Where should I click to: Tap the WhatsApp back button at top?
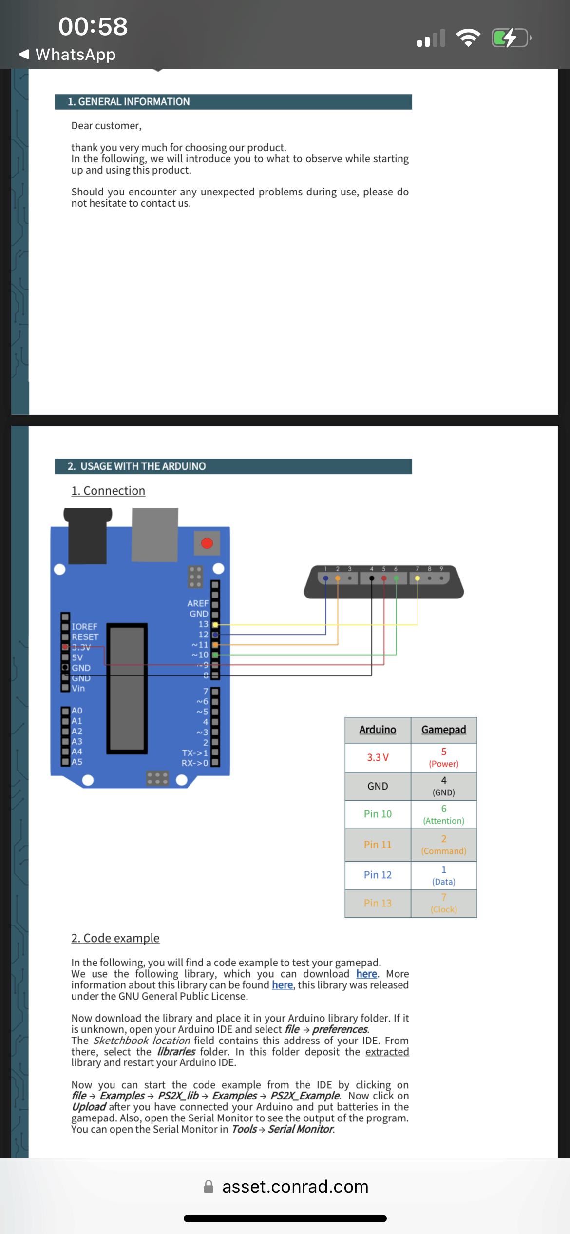pos(67,54)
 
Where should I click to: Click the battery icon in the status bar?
pos(511,38)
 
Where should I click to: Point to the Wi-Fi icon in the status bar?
pos(468,38)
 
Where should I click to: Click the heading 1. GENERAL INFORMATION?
pos(129,102)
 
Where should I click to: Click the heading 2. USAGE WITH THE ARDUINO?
pos(137,466)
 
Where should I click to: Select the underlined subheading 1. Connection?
pos(108,491)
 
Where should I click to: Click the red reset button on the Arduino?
pos(207,543)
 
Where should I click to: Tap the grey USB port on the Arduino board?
pos(155,534)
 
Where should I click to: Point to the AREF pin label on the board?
pos(197,603)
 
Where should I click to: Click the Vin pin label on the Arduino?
pos(78,688)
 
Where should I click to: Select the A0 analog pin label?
pos(77,711)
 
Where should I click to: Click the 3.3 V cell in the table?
pos(378,757)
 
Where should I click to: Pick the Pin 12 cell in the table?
pos(378,875)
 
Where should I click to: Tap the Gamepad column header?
pos(443,730)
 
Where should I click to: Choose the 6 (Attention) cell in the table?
pos(443,814)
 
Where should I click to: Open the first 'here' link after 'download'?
pos(366,974)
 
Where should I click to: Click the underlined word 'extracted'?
pos(387,1052)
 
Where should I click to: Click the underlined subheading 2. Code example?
pos(115,938)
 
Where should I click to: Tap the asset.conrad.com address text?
pos(295,1187)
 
